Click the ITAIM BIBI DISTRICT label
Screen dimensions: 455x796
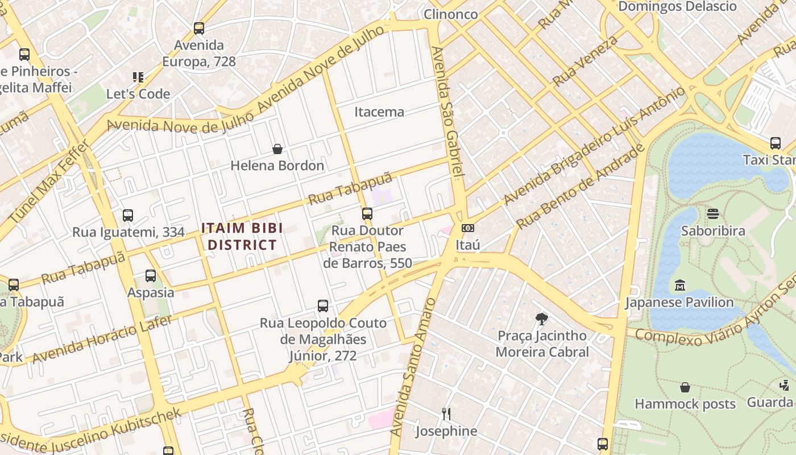[239, 237]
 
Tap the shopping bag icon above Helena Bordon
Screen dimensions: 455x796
[277, 150]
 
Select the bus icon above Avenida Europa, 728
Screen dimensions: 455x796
[198, 28]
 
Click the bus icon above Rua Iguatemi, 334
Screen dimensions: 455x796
[128, 216]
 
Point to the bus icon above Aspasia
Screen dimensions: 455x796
[151, 276]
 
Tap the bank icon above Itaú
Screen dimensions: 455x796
[468, 228]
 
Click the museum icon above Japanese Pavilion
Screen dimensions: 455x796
[679, 285]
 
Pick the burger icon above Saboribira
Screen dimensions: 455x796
[713, 214]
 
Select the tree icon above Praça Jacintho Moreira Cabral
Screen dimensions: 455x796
[542, 318]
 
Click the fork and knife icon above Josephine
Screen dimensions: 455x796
[446, 413]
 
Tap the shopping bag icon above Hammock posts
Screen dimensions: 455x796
[685, 387]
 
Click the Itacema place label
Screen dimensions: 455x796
[379, 112]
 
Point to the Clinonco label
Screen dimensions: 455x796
[451, 14]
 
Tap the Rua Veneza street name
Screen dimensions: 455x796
[585, 61]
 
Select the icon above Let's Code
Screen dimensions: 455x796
[138, 77]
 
